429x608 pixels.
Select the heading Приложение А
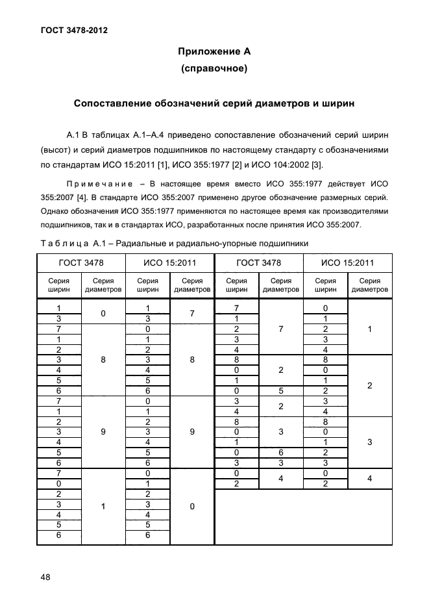214,51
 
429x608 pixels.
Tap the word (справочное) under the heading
214,68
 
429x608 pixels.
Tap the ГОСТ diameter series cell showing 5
280,390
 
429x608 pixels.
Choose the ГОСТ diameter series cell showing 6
280,452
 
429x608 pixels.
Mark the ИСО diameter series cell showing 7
192,313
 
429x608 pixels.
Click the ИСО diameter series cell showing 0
192,506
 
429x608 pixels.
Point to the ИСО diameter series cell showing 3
369,442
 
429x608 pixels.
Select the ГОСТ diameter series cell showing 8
103,359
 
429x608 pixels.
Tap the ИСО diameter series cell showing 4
369,479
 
